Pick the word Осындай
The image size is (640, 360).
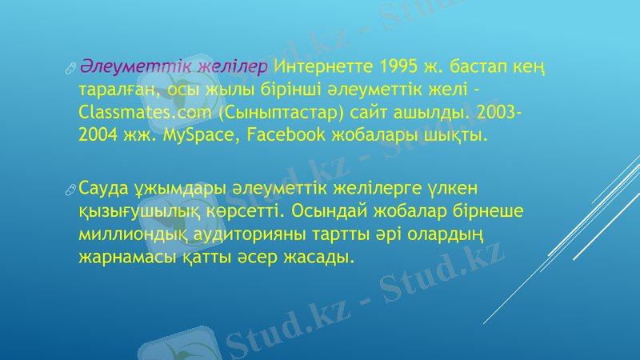[x=328, y=212]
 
